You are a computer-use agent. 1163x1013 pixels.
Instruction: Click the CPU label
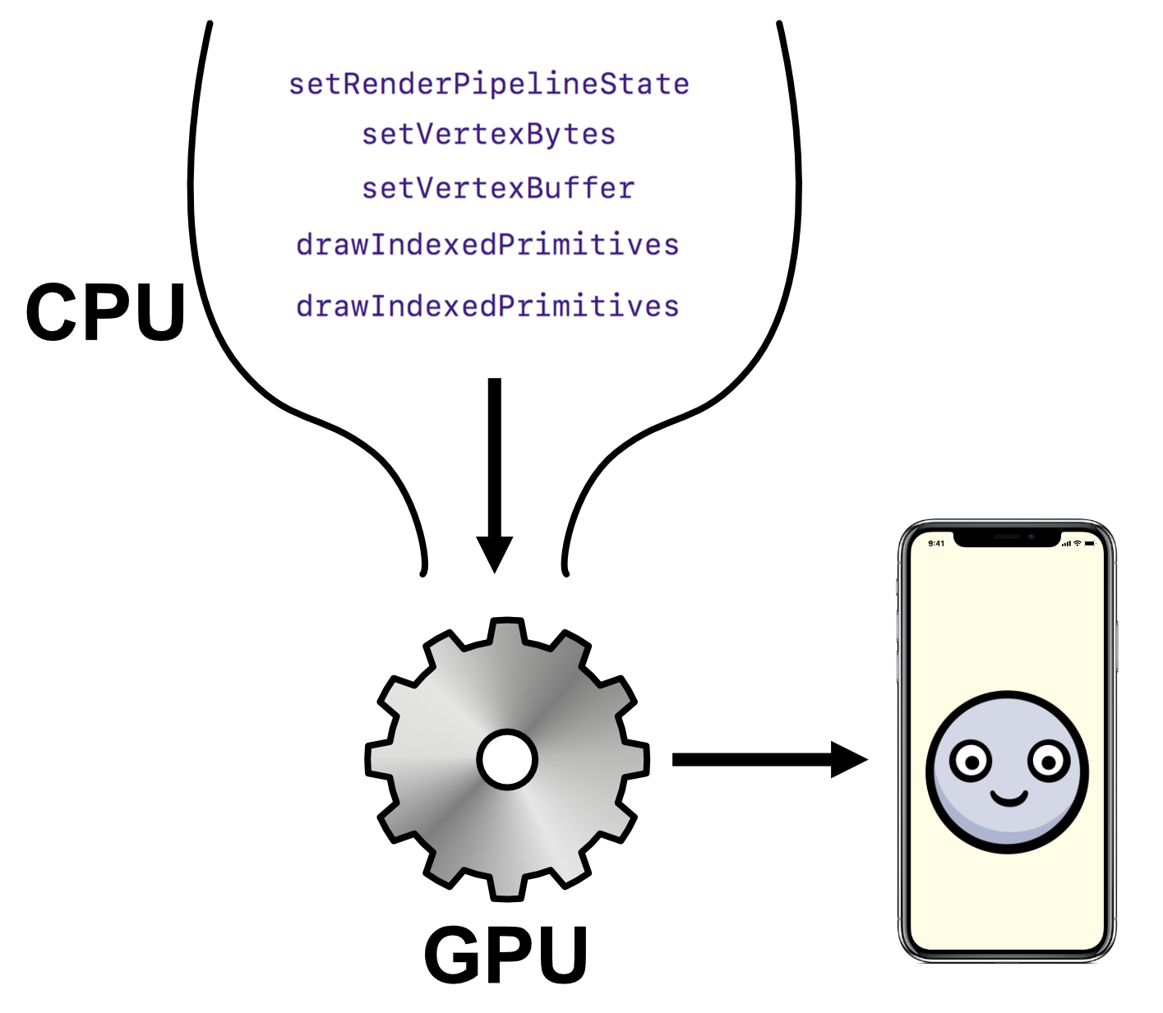(x=106, y=312)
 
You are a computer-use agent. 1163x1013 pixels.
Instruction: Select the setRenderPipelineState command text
(x=489, y=84)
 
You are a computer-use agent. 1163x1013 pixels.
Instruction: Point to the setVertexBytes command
(x=489, y=134)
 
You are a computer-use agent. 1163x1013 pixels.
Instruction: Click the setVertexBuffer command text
(x=498, y=188)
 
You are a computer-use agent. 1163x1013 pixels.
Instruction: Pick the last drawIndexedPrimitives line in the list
(x=487, y=306)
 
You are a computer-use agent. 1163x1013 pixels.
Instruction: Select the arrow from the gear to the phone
(x=768, y=759)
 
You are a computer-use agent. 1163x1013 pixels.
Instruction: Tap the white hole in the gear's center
(x=507, y=759)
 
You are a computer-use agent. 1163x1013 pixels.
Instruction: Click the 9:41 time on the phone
(x=936, y=543)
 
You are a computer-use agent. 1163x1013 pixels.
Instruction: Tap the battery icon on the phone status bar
(x=1090, y=543)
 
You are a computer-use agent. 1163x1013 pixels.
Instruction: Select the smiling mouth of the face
(x=1008, y=797)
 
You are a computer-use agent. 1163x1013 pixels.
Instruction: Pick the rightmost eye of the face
(x=1049, y=761)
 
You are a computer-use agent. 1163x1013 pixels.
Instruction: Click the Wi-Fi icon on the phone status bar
(x=1077, y=543)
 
